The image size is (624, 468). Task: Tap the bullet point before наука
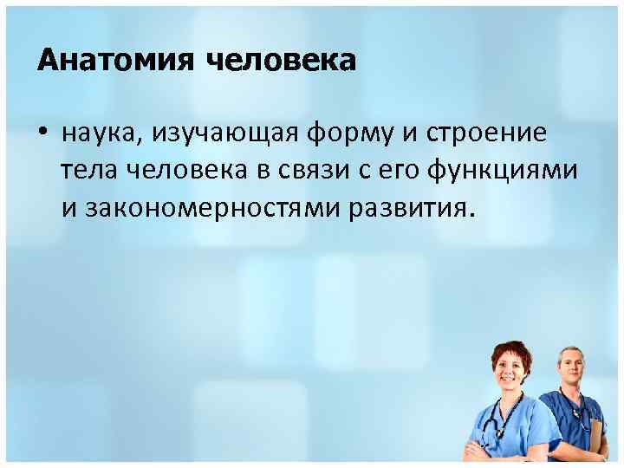tap(43, 134)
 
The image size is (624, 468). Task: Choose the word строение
tap(498, 133)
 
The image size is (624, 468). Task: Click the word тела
tap(90, 171)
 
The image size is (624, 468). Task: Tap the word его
tap(396, 171)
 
